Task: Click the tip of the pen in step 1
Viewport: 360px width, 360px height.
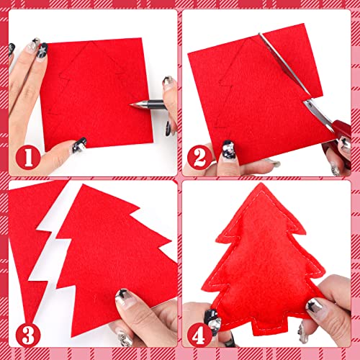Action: point(132,105)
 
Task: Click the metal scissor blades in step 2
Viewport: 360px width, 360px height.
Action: point(288,72)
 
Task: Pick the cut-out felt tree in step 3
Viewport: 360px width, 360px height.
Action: point(115,252)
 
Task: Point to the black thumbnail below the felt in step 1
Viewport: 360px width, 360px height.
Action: point(80,143)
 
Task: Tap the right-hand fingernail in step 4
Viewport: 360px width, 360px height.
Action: point(315,306)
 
